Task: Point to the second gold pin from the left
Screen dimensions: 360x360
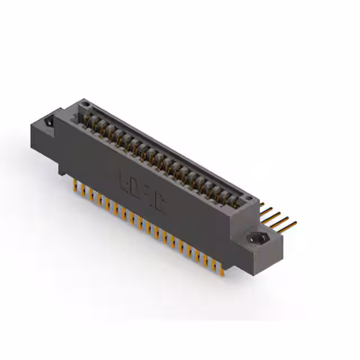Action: tap(83, 190)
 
